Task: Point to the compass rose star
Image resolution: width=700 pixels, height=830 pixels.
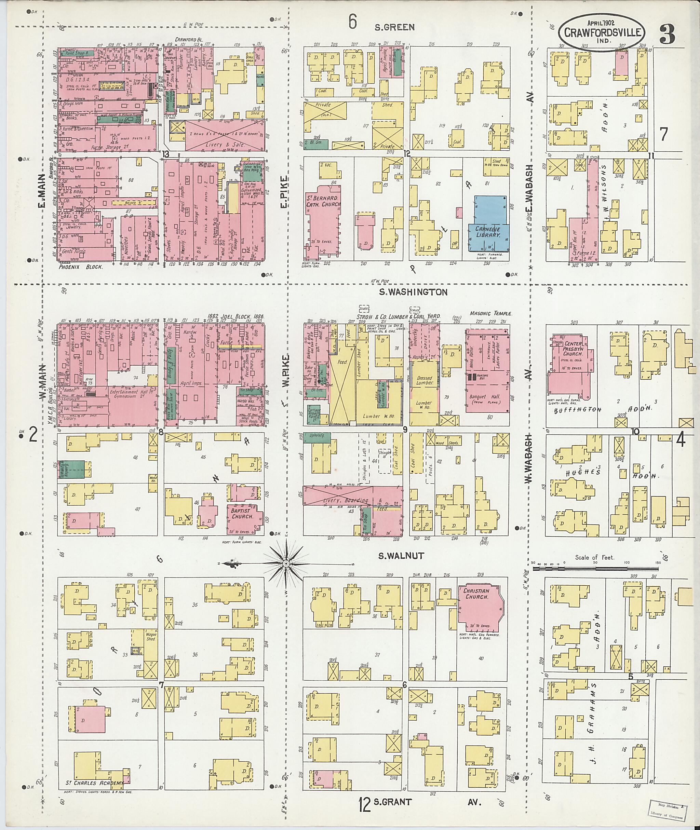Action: (x=285, y=563)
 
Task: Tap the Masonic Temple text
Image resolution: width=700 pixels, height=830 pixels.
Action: (x=490, y=313)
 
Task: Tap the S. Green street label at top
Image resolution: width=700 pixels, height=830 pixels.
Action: (x=395, y=27)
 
